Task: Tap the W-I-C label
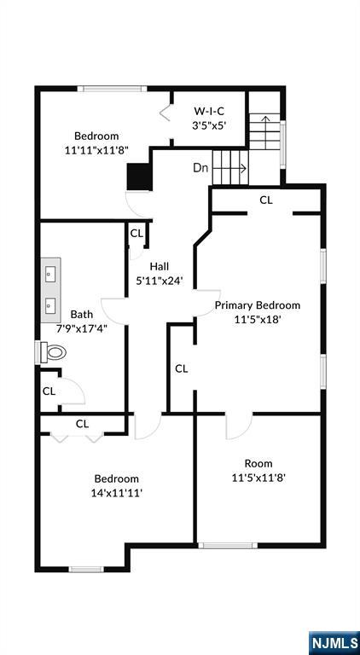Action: pyautogui.click(x=209, y=111)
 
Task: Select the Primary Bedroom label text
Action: pyautogui.click(x=258, y=305)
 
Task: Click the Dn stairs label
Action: pyautogui.click(x=200, y=168)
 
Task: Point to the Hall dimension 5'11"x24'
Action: pyautogui.click(x=160, y=281)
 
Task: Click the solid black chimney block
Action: pyautogui.click(x=139, y=177)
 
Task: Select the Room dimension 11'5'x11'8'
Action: pyautogui.click(x=258, y=478)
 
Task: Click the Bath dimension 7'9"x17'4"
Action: pyautogui.click(x=82, y=328)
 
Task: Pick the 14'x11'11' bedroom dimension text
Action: pyautogui.click(x=117, y=493)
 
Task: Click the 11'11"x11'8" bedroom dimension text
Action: pyautogui.click(x=96, y=150)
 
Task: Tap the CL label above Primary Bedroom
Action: pyautogui.click(x=266, y=200)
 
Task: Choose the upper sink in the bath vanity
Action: pyautogui.click(x=50, y=274)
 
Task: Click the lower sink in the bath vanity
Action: pyautogui.click(x=50, y=305)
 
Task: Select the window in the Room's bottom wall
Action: pyautogui.click(x=228, y=545)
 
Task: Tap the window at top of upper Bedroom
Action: pyautogui.click(x=112, y=89)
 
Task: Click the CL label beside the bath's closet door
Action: pyautogui.click(x=49, y=391)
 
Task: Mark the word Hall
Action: pyautogui.click(x=160, y=266)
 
